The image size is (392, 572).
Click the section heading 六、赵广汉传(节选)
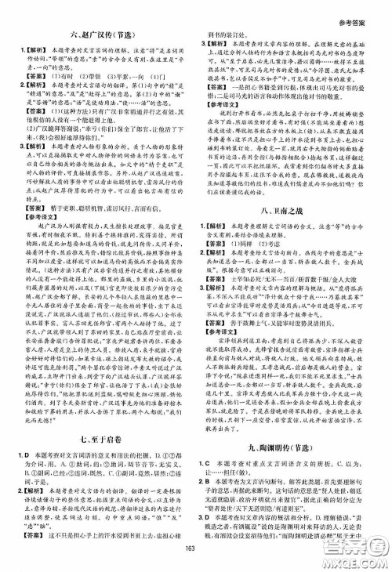coord(100,34)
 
